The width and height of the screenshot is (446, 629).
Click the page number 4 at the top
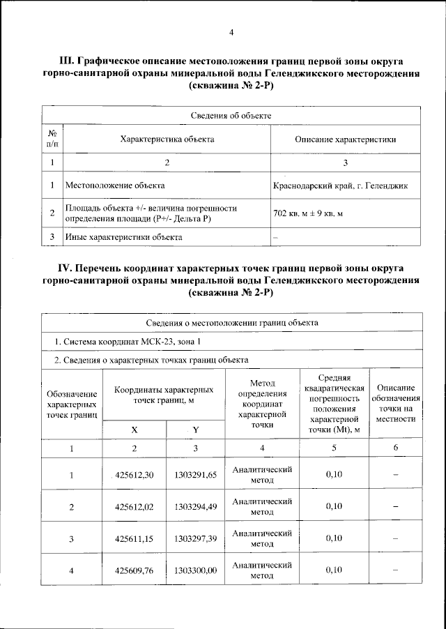click(231, 31)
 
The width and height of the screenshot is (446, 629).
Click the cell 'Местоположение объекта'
click(115, 186)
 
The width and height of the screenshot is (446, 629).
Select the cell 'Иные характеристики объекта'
click(123, 237)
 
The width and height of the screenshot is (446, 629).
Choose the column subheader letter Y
click(196, 430)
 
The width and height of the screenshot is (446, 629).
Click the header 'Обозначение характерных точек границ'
click(72, 404)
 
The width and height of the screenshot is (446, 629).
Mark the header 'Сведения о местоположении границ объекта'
click(232, 323)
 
